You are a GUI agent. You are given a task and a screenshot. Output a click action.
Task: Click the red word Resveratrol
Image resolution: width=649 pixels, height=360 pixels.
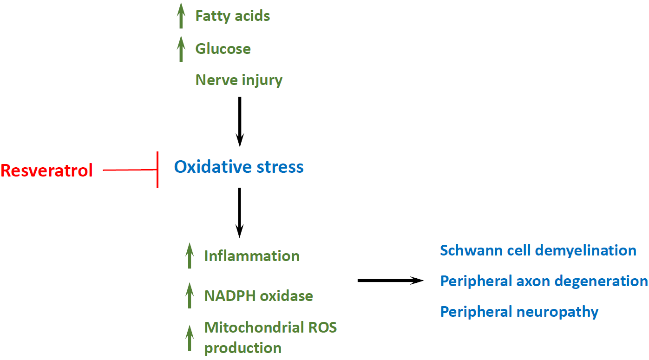point(46,170)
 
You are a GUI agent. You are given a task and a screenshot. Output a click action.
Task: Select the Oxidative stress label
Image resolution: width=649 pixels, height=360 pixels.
point(239,167)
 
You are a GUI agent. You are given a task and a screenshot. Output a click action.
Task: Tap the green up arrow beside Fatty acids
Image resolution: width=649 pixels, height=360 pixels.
point(181,16)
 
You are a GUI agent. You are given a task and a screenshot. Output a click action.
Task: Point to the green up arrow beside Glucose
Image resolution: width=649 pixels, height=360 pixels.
point(181,49)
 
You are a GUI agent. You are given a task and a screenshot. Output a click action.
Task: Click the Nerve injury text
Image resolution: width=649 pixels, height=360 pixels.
point(239,80)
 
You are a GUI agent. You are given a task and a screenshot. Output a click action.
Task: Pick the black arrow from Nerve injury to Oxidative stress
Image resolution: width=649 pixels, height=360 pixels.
point(240,122)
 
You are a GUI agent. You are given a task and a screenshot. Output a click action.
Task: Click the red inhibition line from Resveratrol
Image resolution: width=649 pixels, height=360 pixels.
point(131,170)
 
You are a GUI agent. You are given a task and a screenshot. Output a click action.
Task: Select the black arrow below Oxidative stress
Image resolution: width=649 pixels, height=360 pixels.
point(239,213)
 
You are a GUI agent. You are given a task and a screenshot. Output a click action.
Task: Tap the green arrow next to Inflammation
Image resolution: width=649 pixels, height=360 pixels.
point(190,256)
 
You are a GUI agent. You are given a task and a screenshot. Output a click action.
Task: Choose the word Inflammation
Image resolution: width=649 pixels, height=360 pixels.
point(252,256)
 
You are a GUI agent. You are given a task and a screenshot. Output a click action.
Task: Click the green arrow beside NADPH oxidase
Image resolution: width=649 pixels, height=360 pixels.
point(190,295)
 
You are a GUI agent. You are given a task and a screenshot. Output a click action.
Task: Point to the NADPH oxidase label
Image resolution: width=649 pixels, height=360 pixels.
point(258,296)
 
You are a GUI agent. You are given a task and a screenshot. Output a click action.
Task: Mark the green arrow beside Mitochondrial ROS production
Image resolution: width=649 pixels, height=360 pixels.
point(190,338)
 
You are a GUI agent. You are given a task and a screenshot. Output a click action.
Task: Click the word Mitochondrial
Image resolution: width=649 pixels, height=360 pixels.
point(254,327)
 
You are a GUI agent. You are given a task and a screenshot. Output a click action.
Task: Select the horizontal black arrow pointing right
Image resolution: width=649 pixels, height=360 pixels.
point(391,281)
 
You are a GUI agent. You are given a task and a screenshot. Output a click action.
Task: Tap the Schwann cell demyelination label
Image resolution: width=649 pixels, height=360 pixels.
point(538,250)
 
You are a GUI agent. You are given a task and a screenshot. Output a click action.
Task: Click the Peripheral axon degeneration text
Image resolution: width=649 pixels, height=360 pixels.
point(544,281)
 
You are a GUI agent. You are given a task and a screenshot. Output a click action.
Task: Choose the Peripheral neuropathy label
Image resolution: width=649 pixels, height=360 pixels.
point(519,312)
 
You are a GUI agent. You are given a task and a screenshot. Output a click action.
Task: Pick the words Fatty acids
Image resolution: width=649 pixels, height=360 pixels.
point(233,16)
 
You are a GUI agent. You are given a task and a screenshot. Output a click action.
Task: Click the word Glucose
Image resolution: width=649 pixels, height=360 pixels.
point(223,49)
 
